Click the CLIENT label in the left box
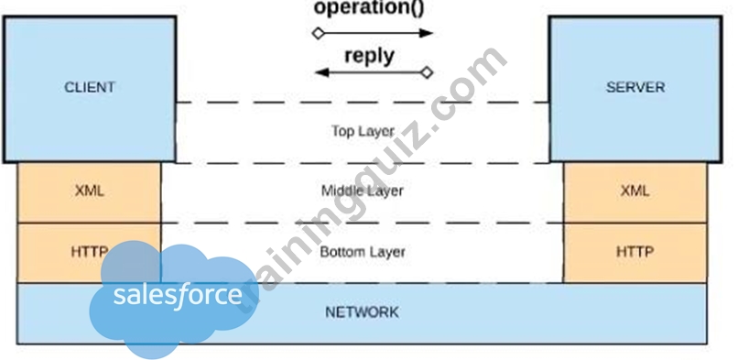click(90, 88)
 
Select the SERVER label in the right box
click(635, 88)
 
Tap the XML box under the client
click(90, 192)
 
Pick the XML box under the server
click(635, 192)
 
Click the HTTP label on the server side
click(635, 252)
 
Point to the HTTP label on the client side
click(90, 252)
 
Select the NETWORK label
click(362, 312)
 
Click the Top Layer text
click(363, 131)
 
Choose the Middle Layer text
click(362, 191)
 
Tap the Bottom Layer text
click(363, 252)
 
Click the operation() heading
click(369, 8)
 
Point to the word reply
click(370, 56)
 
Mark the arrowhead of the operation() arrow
click(426, 33)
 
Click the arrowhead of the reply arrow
click(321, 72)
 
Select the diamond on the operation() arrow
click(319, 33)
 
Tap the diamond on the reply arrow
click(427, 72)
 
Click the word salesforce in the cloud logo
click(178, 295)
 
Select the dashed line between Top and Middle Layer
click(362, 163)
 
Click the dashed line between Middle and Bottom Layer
click(362, 223)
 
